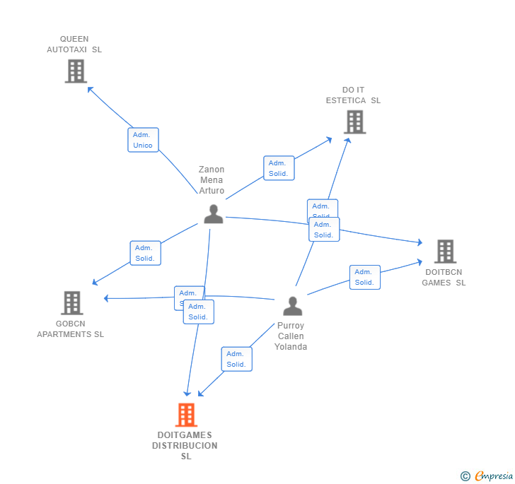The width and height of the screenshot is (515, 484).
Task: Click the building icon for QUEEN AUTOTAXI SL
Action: pyautogui.click(x=75, y=71)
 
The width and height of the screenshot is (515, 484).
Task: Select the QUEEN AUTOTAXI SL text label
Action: pyautogui.click(x=74, y=45)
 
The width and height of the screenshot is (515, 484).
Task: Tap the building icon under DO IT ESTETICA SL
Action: pyautogui.click(x=354, y=122)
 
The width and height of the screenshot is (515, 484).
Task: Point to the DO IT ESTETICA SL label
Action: pyautogui.click(x=353, y=95)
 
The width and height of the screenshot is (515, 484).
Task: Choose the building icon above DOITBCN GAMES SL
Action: pyautogui.click(x=444, y=251)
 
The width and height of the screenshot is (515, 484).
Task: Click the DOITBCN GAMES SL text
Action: pyautogui.click(x=444, y=277)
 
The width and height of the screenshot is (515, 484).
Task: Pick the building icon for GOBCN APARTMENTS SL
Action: pyautogui.click(x=71, y=302)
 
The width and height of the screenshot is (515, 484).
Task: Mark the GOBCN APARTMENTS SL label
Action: pyautogui.click(x=71, y=329)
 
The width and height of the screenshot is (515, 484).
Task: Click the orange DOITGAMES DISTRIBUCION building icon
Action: pyautogui.click(x=186, y=415)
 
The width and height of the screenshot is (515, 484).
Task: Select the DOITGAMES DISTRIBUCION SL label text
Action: pyautogui.click(x=185, y=446)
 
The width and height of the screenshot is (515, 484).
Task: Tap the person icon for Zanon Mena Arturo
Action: pyautogui.click(x=213, y=214)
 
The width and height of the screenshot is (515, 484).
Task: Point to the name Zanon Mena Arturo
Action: pyautogui.click(x=212, y=180)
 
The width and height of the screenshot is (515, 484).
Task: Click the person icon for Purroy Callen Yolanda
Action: pyautogui.click(x=292, y=306)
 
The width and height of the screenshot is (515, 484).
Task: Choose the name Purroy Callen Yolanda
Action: pyautogui.click(x=291, y=336)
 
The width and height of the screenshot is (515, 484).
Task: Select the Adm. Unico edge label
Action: pyautogui.click(x=143, y=140)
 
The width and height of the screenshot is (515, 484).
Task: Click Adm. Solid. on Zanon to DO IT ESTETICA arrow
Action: pyautogui.click(x=279, y=168)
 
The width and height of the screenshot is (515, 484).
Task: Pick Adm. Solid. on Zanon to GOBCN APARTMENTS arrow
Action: pyautogui.click(x=145, y=253)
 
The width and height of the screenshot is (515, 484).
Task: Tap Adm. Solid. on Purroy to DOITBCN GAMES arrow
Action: pyautogui.click(x=364, y=277)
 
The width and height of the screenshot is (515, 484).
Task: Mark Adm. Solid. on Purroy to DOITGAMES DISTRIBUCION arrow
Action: pyautogui.click(x=236, y=359)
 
